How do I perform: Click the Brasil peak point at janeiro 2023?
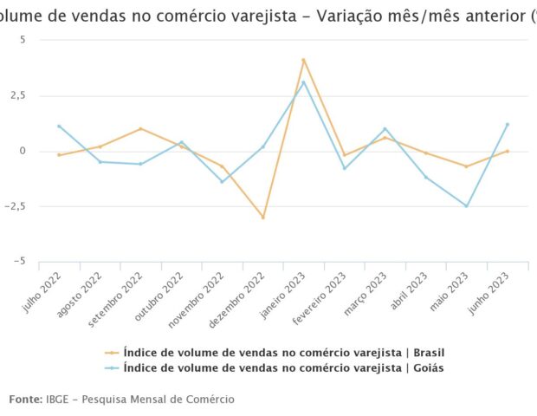[x=303, y=60]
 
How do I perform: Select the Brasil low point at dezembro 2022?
[x=262, y=218]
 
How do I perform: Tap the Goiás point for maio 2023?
[x=467, y=206]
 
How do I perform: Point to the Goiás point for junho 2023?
[x=508, y=124]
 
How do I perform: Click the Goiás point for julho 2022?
[x=59, y=126]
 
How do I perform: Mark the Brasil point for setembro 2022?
[x=140, y=129]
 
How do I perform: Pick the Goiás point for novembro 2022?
[x=222, y=182]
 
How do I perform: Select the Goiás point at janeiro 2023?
[x=303, y=81]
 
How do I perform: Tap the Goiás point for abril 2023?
[x=426, y=177]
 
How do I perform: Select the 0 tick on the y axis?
[x=23, y=151]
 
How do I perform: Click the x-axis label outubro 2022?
[x=167, y=298]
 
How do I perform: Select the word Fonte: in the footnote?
[x=25, y=399]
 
